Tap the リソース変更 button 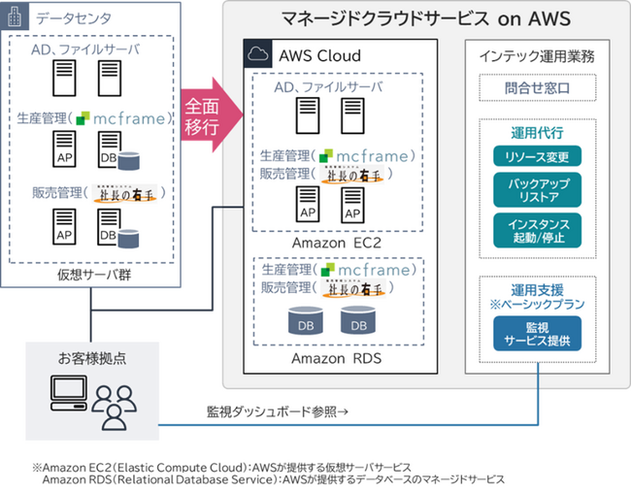coord(537,156)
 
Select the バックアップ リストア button coord(537,189)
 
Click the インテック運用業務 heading coord(537,56)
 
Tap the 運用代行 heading coord(537,132)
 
